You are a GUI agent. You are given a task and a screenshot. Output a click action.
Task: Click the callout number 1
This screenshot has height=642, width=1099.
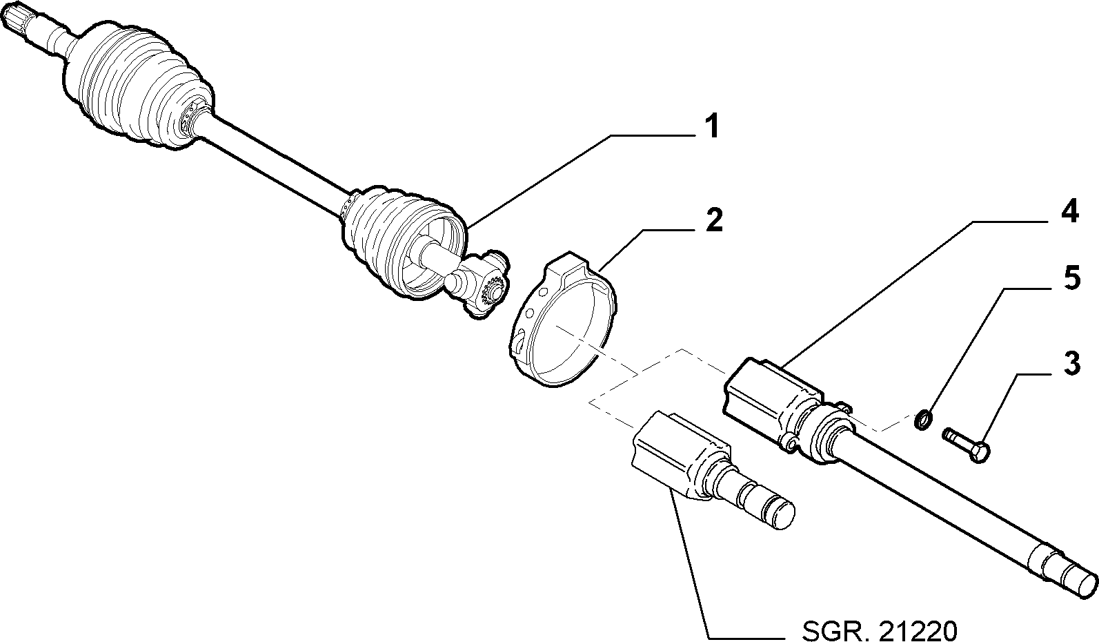[x=711, y=126]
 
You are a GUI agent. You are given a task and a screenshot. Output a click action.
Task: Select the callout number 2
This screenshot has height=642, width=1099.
[x=714, y=220]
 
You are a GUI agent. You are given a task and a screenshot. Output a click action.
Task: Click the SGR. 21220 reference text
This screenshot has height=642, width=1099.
[x=880, y=630]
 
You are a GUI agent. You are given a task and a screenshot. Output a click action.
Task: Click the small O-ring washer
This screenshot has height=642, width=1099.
[x=923, y=420]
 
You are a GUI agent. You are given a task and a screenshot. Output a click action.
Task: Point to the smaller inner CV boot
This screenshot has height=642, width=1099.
[x=402, y=240]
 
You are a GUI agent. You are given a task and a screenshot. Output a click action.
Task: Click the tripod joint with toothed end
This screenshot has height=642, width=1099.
[x=478, y=284]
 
